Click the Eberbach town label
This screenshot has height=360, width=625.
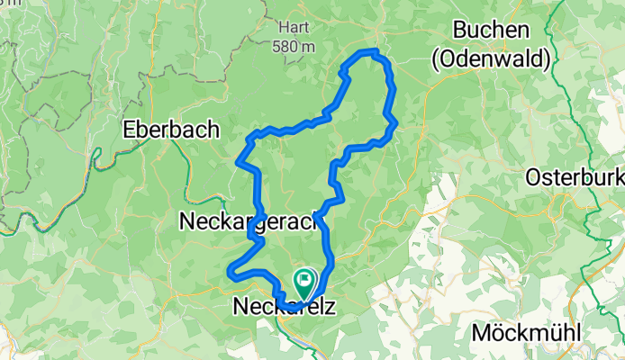point(171,129)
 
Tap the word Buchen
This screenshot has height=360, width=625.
point(491,31)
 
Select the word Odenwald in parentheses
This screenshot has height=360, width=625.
point(491,59)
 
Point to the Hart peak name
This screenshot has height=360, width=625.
point(294,28)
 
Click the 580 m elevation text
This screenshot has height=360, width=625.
point(294,46)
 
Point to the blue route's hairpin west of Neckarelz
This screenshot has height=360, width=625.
point(231,269)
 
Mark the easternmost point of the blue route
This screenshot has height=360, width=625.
point(395,124)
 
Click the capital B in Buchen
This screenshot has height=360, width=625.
point(460,31)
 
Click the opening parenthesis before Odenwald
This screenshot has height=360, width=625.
point(436,60)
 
